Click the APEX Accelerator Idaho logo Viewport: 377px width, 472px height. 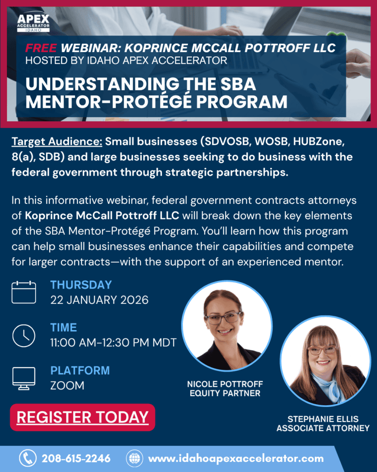(x=33, y=22)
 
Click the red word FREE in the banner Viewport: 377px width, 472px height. (x=41, y=48)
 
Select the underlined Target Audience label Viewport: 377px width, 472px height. (x=57, y=142)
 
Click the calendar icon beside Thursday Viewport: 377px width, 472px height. (x=24, y=292)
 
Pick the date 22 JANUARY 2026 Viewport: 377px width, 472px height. (x=99, y=300)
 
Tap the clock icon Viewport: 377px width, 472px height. (x=24, y=336)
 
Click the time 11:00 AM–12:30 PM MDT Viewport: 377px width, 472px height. (x=113, y=342)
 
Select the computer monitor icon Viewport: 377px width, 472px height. (x=24, y=378)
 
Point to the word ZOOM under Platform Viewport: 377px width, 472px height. (x=67, y=386)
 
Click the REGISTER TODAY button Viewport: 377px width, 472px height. (x=83, y=417)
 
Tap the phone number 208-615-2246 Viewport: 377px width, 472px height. (x=76, y=459)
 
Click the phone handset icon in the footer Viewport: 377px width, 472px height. (x=28, y=458)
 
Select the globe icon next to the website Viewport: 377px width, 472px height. (x=134, y=459)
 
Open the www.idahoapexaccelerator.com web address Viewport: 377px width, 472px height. (x=236, y=459)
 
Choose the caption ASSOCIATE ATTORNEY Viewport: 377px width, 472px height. (x=323, y=428)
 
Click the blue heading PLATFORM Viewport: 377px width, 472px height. (x=80, y=371)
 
